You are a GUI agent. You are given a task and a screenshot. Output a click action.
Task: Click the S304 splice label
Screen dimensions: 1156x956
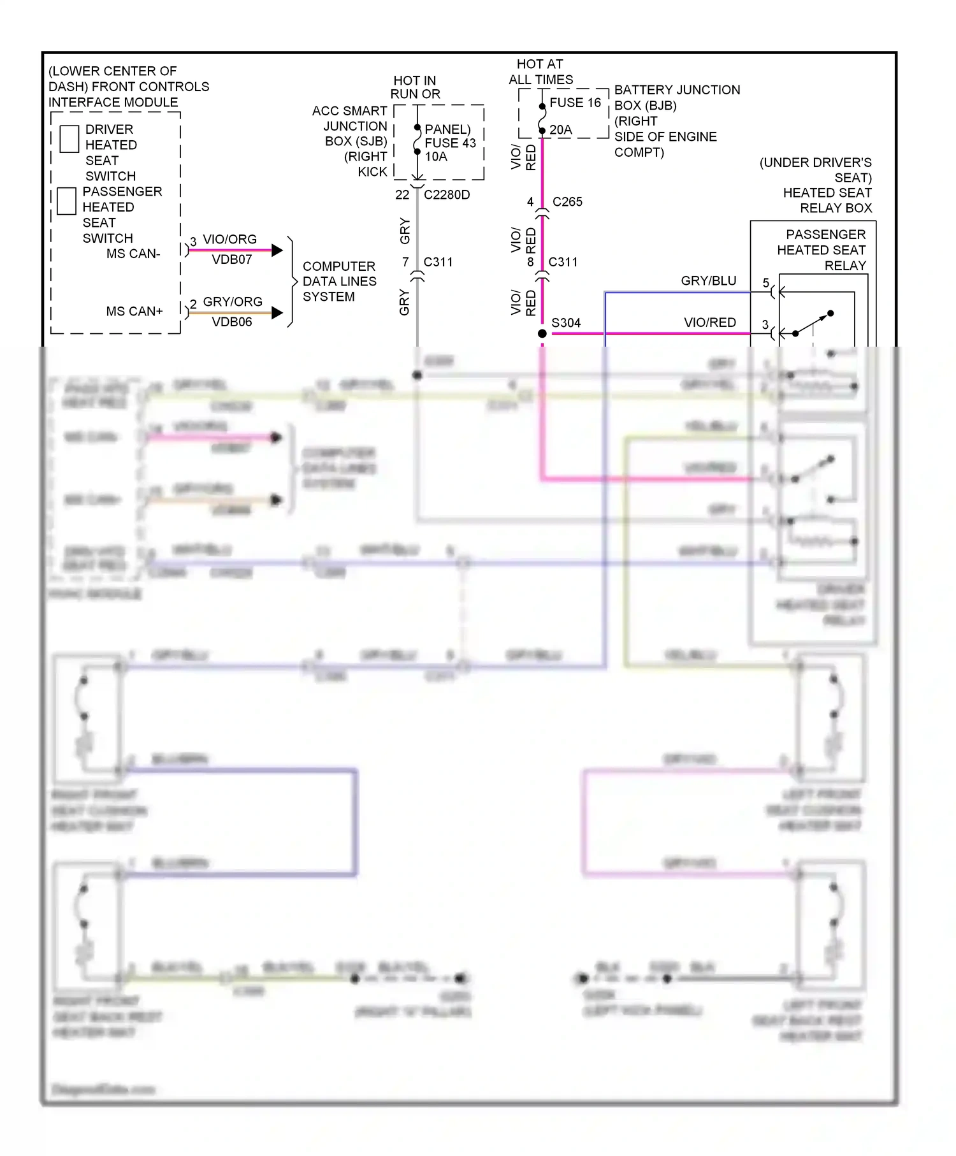(x=566, y=322)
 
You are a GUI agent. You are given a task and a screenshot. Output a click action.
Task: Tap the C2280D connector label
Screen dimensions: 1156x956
(x=447, y=194)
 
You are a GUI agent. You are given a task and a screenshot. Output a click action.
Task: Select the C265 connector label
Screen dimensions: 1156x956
(x=567, y=201)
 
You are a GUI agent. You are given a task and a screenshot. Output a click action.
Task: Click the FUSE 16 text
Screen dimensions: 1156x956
(x=575, y=103)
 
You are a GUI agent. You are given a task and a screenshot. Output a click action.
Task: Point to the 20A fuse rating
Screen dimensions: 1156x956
(x=560, y=129)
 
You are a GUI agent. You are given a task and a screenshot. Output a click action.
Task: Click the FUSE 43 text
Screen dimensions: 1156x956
(x=450, y=143)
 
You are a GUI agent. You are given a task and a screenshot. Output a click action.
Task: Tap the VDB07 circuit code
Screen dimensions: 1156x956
(x=232, y=259)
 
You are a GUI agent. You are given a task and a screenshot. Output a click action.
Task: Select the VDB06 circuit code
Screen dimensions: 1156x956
(x=232, y=322)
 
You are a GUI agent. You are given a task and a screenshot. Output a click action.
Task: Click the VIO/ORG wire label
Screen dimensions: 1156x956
(x=229, y=239)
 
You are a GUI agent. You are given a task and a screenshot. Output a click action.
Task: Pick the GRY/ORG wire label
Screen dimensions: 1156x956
(x=233, y=301)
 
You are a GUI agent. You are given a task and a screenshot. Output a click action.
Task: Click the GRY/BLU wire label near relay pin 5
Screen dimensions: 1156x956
(x=708, y=280)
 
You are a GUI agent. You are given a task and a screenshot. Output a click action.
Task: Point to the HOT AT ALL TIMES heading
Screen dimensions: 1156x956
(x=540, y=72)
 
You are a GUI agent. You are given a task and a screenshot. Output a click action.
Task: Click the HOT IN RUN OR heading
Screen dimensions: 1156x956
(x=415, y=87)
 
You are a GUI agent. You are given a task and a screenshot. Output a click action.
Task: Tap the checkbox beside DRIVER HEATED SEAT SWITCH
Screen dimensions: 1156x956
(x=69, y=139)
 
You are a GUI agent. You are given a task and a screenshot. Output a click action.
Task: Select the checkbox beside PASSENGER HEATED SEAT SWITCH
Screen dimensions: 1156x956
(x=66, y=201)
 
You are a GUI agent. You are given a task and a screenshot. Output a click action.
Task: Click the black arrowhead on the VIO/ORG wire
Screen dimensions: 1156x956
(x=277, y=250)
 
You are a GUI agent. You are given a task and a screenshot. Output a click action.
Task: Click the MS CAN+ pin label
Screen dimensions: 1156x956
(x=134, y=311)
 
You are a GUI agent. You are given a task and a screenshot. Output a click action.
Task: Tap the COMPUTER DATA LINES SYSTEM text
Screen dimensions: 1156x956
(x=339, y=281)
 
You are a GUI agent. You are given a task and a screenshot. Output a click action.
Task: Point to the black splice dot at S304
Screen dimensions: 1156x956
(x=542, y=333)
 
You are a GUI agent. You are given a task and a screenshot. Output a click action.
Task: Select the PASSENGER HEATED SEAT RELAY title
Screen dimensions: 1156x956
(x=821, y=250)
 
